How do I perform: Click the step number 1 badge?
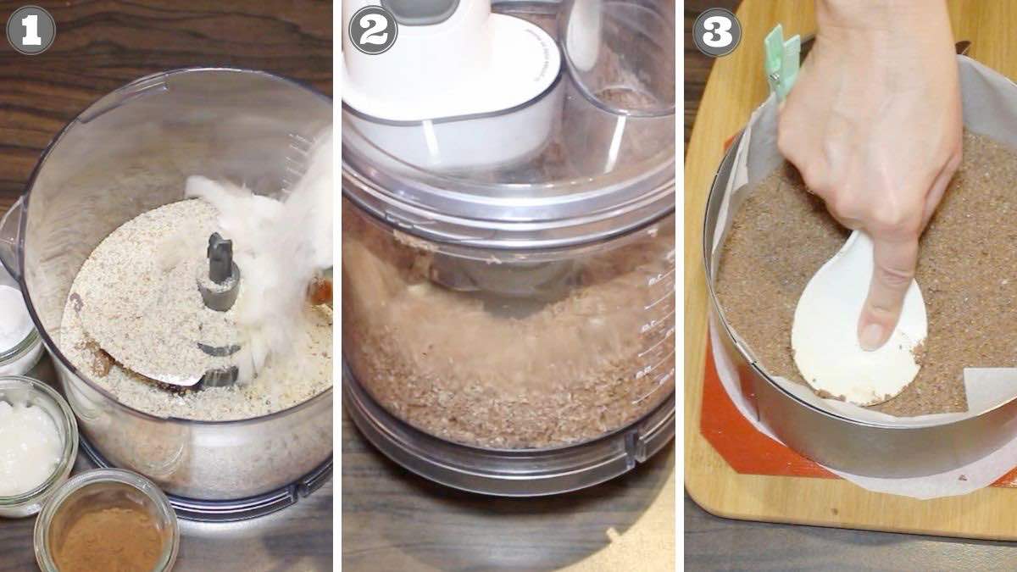31,31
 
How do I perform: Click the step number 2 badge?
373,31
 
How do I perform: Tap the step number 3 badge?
717,32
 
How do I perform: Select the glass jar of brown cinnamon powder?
107,522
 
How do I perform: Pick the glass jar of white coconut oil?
32,445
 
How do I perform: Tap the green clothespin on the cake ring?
781,61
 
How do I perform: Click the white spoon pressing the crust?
858,327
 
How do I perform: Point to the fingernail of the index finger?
872,335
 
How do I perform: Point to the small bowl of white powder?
16,327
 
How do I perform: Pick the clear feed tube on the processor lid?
618,59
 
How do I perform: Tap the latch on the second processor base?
635,447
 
